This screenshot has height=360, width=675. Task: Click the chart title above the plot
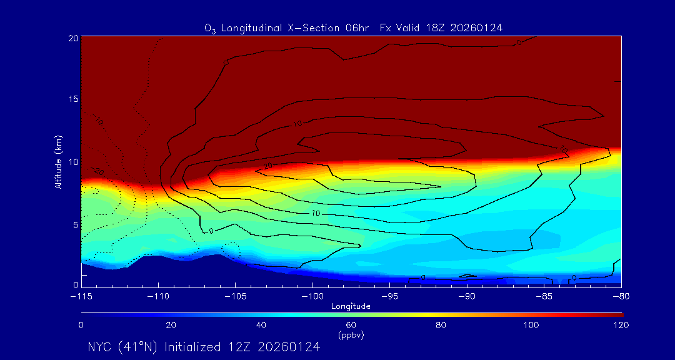(353, 27)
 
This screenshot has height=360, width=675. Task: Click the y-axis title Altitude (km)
(58, 161)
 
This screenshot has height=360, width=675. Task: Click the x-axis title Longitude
(351, 306)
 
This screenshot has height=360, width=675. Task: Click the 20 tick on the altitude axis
(72, 38)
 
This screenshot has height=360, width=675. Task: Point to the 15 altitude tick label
(72, 100)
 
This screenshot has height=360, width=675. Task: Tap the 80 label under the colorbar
(441, 325)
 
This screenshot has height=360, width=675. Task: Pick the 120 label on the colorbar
(621, 325)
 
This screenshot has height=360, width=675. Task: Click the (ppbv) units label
(351, 335)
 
